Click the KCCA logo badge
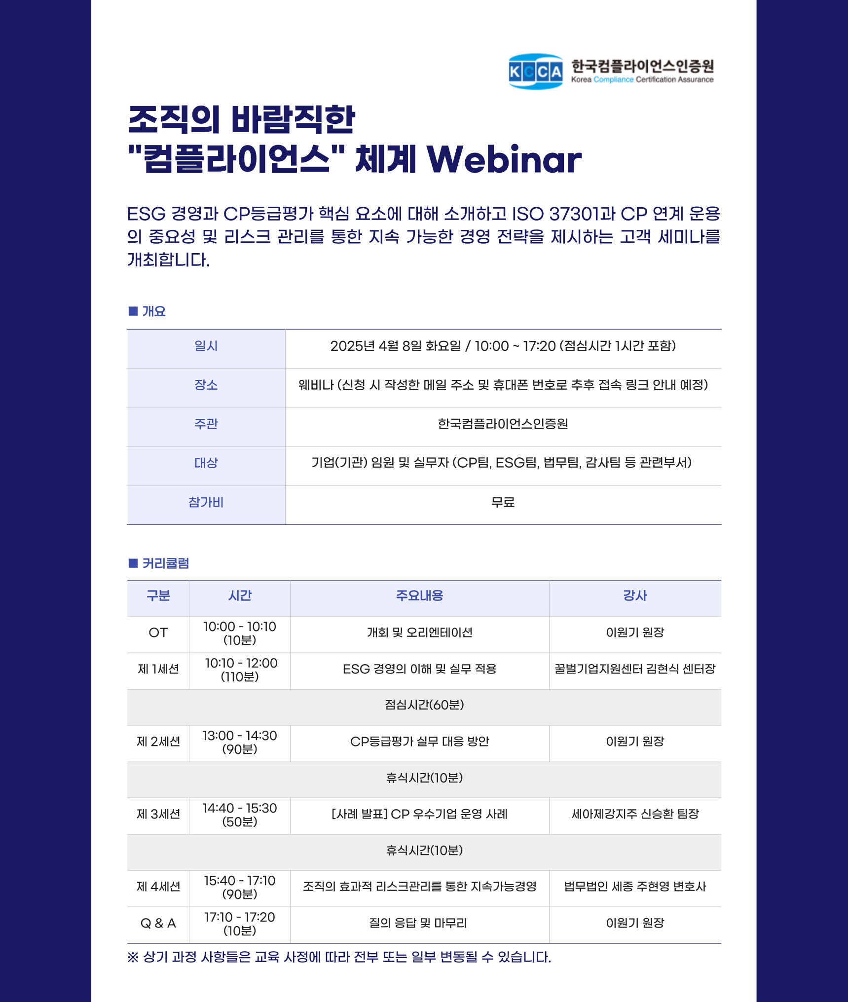pyautogui.click(x=536, y=72)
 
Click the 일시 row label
pyautogui.click(x=206, y=346)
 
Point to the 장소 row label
pyautogui.click(x=206, y=385)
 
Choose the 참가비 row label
pyautogui.click(x=206, y=502)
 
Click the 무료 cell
pyautogui.click(x=503, y=502)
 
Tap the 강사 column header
pyautogui.click(x=635, y=595)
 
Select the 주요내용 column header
pyautogui.click(x=420, y=595)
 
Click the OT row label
pyautogui.click(x=158, y=632)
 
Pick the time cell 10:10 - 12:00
pyautogui.click(x=241, y=669)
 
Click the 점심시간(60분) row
pyautogui.click(x=424, y=705)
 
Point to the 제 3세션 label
pyautogui.click(x=158, y=814)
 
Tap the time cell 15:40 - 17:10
pyautogui.click(x=240, y=887)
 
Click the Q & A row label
pyautogui.click(x=158, y=923)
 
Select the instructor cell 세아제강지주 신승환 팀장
pyautogui.click(x=635, y=814)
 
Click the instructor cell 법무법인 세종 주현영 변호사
pyautogui.click(x=635, y=887)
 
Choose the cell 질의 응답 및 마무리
pyautogui.click(x=418, y=923)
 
